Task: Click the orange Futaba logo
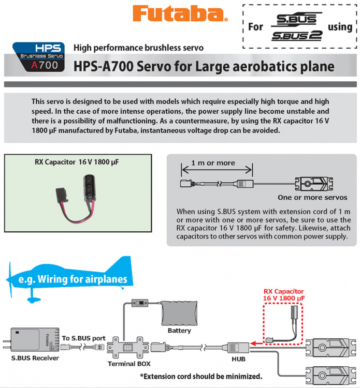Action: coord(180,14)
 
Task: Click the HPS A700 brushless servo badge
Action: coord(39,57)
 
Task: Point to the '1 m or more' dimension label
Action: coord(213,163)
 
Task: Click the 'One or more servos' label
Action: coord(312,198)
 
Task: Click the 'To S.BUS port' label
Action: coord(84,338)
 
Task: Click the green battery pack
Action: coord(179,315)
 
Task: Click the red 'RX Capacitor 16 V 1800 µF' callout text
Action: coord(283,295)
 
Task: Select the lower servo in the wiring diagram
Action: coord(330,372)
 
